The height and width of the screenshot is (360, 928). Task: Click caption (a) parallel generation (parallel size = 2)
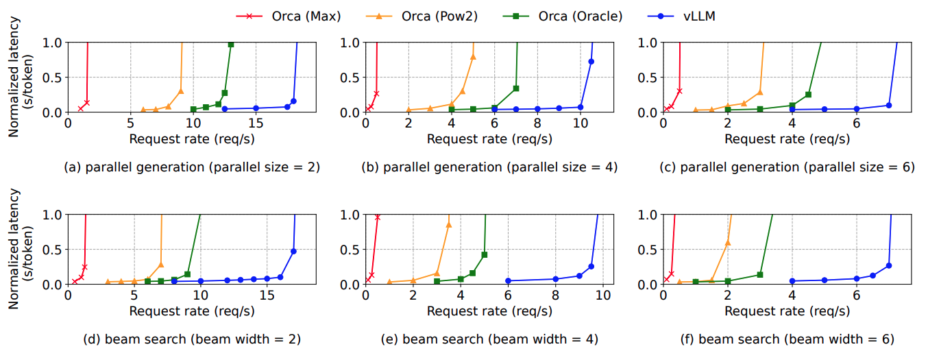point(192,167)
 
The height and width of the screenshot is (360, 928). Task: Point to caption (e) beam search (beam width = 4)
point(490,339)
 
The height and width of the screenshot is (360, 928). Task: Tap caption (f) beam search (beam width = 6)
point(787,339)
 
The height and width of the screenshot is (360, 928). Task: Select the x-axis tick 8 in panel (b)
point(537,123)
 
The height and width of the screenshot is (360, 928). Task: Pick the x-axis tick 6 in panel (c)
point(857,123)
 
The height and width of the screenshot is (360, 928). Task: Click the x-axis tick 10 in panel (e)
point(603,296)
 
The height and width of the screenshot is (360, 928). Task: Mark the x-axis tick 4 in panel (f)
point(792,296)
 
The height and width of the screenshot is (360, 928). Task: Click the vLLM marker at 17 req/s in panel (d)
point(293,251)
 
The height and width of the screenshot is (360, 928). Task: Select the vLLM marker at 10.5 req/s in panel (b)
point(591,62)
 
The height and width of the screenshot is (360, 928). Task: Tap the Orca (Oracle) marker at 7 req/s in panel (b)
point(515,88)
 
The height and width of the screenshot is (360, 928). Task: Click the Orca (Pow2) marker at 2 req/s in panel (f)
point(727,242)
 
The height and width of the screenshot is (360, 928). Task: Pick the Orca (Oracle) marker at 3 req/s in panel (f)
point(759,274)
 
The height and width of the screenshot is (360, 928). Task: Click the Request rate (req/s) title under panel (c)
point(787,139)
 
